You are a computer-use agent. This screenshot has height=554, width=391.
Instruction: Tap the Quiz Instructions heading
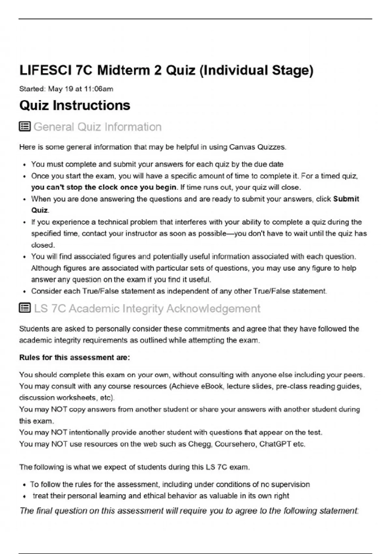75,106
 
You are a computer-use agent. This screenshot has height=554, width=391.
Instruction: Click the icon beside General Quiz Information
25,126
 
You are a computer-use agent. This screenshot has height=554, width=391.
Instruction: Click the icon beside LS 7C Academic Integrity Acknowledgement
25,308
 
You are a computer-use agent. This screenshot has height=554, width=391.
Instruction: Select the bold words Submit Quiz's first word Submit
346,199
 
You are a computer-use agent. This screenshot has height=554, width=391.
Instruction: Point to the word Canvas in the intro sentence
242,147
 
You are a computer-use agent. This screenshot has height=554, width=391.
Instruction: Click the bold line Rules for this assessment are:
75,357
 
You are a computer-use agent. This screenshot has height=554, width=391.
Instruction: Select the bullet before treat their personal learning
24,496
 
